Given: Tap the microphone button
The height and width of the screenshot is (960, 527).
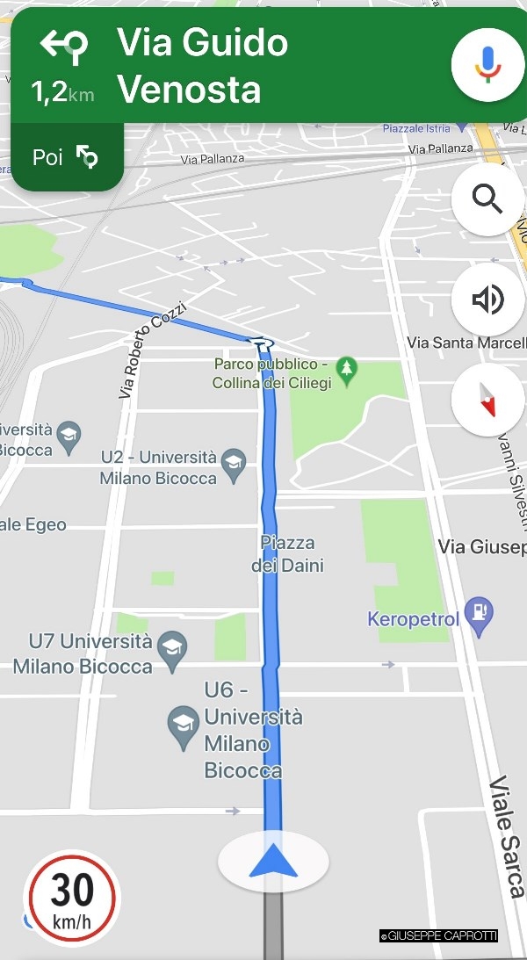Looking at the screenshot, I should pyautogui.click(x=487, y=65).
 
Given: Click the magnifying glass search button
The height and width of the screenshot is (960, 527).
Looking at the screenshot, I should pyautogui.click(x=487, y=198).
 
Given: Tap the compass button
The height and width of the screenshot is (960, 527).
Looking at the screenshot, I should pyautogui.click(x=487, y=401).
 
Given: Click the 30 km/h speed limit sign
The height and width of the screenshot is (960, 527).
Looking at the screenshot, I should pyautogui.click(x=72, y=898).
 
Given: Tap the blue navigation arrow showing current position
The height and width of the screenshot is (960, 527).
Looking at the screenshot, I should pyautogui.click(x=273, y=862).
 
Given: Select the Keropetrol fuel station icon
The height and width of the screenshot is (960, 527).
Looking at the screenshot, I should pyautogui.click(x=480, y=611).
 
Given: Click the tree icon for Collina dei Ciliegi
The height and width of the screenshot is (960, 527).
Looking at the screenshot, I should pyautogui.click(x=347, y=371).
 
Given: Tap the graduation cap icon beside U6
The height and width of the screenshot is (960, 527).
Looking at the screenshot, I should pyautogui.click(x=184, y=728).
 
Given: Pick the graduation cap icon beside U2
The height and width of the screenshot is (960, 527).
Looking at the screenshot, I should pyautogui.click(x=234, y=466).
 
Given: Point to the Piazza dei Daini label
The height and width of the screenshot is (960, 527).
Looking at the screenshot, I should pyautogui.click(x=287, y=553).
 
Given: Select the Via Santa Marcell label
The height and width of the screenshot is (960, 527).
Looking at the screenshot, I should pyautogui.click(x=466, y=342).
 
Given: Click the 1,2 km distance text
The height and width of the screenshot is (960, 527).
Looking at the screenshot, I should pyautogui.click(x=62, y=92).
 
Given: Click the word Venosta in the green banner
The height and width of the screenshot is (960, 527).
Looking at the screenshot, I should pyautogui.click(x=189, y=90).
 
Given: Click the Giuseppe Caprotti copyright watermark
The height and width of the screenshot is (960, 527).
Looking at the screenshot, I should pyautogui.click(x=438, y=936).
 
